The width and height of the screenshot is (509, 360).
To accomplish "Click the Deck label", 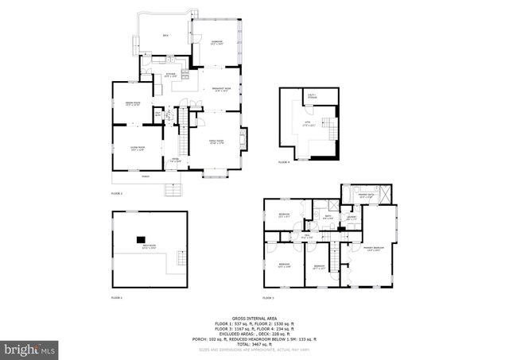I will [x=165, y=36].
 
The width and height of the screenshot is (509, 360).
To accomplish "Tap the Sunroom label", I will [x=216, y=41].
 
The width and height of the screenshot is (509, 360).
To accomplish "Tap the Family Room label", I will [x=216, y=141].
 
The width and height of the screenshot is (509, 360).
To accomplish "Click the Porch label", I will [x=145, y=176].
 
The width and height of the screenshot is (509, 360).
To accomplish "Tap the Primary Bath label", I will [x=366, y=195].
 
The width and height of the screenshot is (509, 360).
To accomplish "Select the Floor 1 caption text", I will [x=116, y=297].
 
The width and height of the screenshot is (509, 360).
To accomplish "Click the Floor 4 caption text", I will [x=284, y=162].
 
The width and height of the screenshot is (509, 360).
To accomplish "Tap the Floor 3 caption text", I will [x=267, y=297].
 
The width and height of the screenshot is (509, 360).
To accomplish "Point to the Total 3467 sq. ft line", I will [x=254, y=343].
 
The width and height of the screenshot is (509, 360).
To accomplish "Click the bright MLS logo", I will [x=30, y=349].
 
